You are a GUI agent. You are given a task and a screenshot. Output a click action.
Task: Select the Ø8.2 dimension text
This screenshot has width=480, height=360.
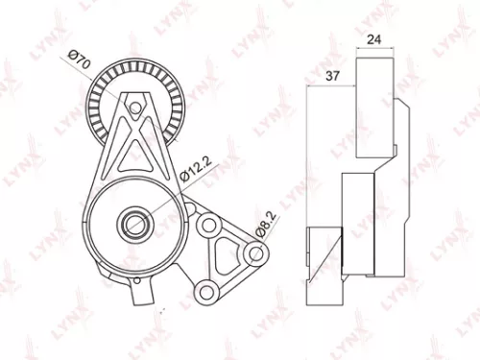263,228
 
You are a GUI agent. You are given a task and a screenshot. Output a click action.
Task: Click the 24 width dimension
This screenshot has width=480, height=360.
374,40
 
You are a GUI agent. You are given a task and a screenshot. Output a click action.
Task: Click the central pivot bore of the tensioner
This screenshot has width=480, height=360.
132,227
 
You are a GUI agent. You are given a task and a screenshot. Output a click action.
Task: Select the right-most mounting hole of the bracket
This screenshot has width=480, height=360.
254,254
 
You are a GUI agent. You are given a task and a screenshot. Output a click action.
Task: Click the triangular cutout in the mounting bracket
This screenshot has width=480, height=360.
225,257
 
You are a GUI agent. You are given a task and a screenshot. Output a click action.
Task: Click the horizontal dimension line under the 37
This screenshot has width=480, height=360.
331,86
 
